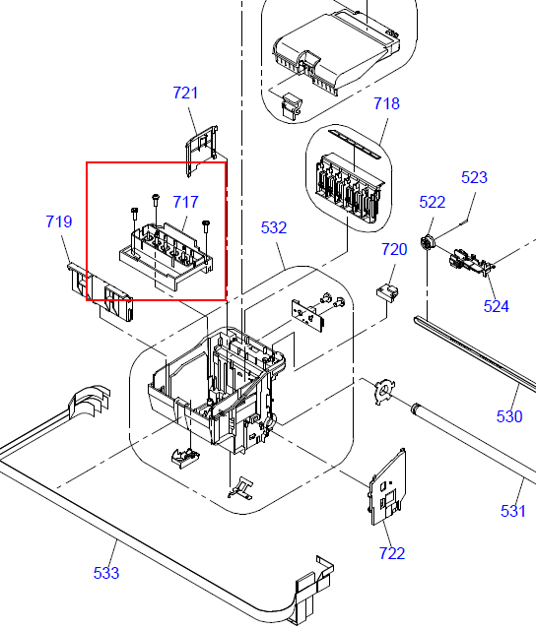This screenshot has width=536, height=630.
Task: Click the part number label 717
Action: click(x=185, y=202)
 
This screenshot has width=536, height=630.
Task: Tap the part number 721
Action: click(x=185, y=93)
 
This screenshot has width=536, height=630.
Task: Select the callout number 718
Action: click(x=386, y=103)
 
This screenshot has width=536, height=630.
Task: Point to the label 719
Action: click(x=59, y=221)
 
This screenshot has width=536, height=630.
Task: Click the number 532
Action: click(x=274, y=227)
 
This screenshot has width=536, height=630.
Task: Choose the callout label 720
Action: click(x=394, y=249)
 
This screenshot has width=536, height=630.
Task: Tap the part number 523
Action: click(x=474, y=177)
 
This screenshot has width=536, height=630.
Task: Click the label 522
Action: click(x=433, y=202)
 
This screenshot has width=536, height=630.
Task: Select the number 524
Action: click(x=497, y=306)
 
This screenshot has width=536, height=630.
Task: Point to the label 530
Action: click(x=509, y=416)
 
